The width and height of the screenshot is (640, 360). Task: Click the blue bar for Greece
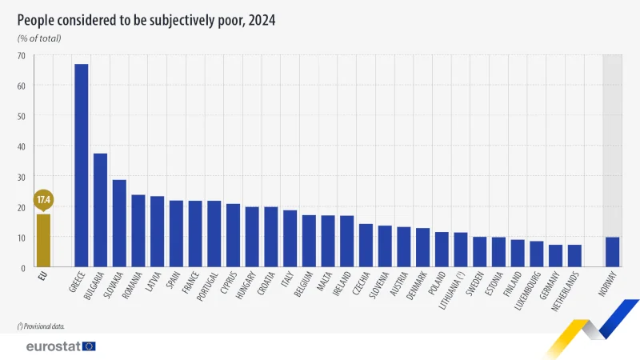click(81, 165)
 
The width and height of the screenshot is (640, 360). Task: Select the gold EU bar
click(43, 240)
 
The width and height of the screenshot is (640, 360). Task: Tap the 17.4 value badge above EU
click(43, 199)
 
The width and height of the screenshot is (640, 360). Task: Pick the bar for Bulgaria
click(100, 210)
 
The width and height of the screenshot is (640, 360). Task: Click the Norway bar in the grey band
click(612, 252)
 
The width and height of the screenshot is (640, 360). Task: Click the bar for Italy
click(290, 238)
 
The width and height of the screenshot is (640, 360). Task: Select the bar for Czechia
click(366, 245)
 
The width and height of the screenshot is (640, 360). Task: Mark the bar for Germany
click(555, 256)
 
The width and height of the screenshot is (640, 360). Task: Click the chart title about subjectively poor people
click(146, 21)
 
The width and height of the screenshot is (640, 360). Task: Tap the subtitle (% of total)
click(39, 38)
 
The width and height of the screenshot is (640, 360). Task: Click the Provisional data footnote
click(41, 326)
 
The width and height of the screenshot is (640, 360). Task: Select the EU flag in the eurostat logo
click(88, 346)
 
